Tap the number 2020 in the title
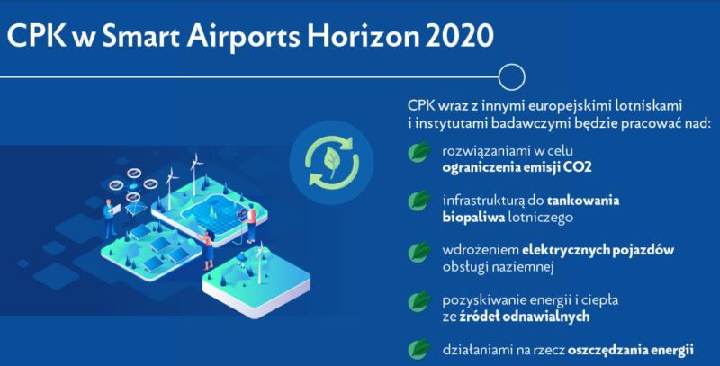459,36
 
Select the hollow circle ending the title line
511,76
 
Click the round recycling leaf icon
331,163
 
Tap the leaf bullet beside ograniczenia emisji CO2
418,152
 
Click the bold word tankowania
582,201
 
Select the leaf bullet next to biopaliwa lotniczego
418,201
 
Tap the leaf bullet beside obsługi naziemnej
418,251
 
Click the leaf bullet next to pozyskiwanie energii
418,301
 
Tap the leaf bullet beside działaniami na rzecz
418,350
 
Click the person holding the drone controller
109,219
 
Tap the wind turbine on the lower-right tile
260,263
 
